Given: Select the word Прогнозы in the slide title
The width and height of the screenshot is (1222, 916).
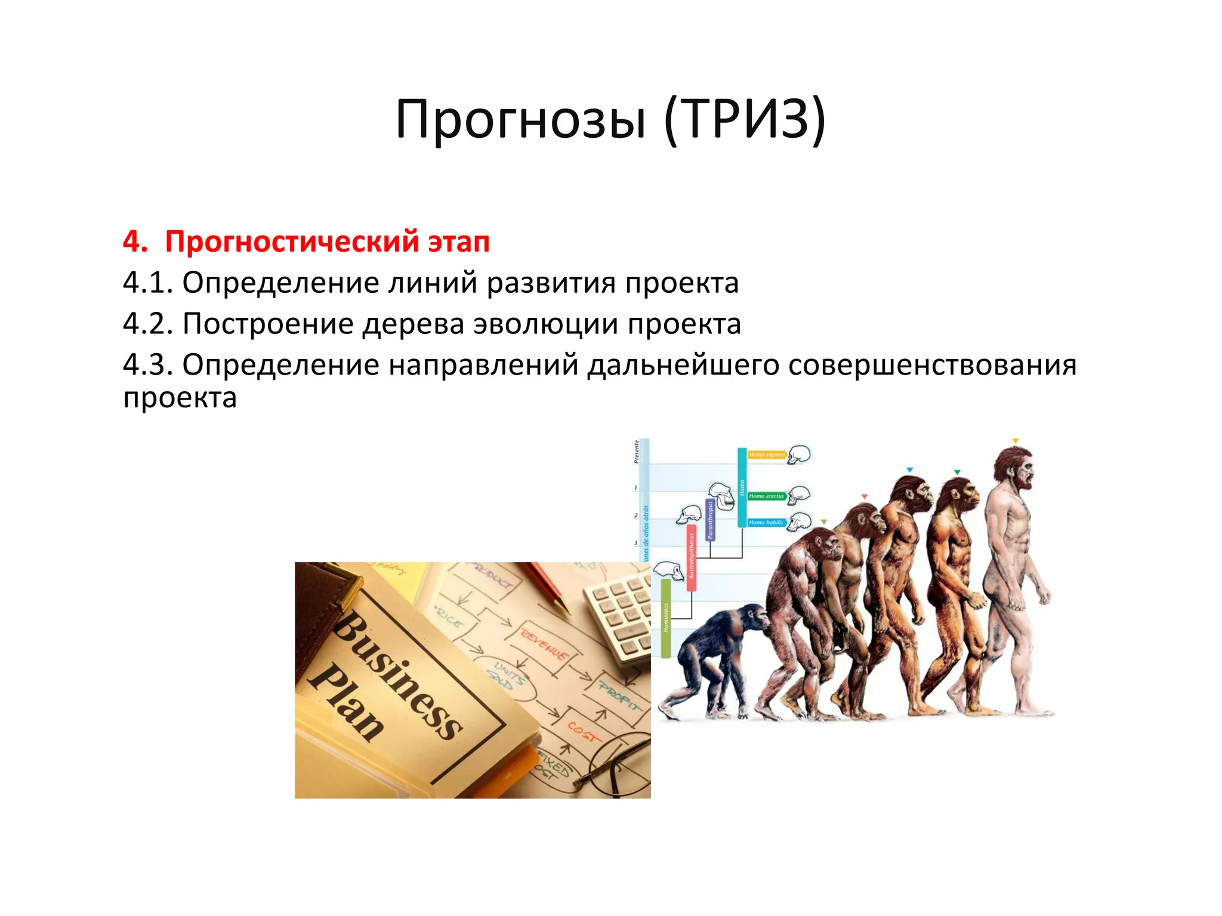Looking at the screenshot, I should pos(520,119).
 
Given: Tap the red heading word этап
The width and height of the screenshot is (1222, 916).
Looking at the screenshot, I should pos(458,242).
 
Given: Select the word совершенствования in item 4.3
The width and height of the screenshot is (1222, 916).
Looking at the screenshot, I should pos(932,365).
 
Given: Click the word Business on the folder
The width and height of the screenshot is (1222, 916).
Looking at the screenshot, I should pos(397,674).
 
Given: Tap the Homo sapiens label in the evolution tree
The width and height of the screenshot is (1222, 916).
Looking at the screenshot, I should pos(767,455).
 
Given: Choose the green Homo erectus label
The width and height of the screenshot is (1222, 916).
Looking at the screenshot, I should pos(767,496).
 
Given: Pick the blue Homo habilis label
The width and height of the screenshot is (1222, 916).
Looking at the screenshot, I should pos(766,522).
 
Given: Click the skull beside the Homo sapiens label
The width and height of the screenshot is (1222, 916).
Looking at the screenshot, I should pos(799,455).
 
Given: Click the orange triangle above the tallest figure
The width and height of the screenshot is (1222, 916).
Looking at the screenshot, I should pos(1015,441).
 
